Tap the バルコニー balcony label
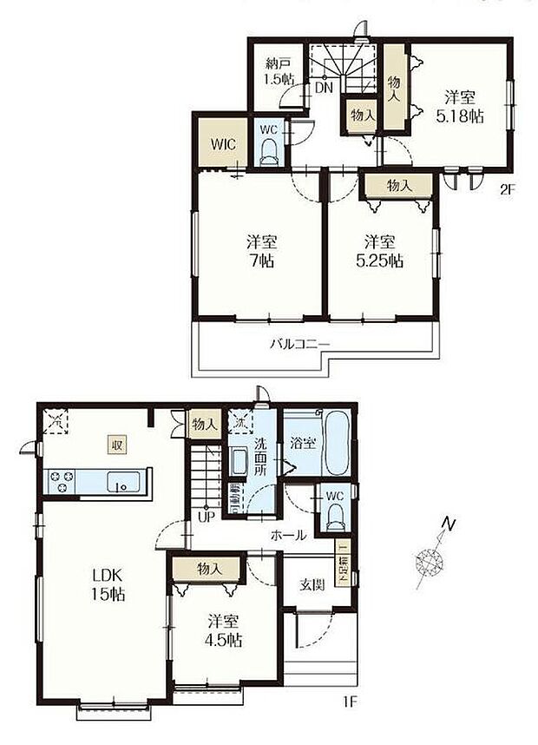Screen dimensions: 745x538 coord(299,345)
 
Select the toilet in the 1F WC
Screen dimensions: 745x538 coord(335,518)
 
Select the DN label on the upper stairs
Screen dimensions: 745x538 coord(323,88)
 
